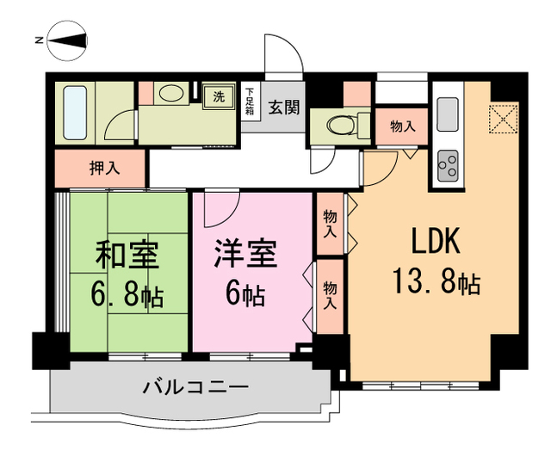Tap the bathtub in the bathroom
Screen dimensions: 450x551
coord(76,114)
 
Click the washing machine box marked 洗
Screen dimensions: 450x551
coord(218,96)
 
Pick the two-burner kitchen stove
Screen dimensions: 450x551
coord(448,163)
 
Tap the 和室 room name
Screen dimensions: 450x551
coord(127,256)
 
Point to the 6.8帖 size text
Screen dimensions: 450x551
coord(127,297)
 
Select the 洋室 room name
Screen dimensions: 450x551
coord(246,256)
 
